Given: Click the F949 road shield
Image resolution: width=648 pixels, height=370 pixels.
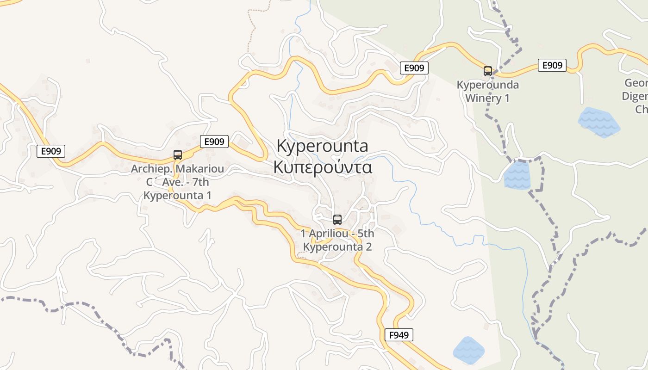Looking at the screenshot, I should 399,335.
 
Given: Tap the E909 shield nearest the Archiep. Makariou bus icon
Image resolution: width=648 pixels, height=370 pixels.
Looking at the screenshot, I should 214,142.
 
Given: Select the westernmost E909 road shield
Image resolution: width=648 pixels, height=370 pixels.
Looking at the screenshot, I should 51,151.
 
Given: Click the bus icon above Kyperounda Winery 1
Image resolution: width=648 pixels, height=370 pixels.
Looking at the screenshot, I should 488,71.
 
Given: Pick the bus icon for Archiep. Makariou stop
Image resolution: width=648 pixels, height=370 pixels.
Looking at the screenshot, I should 177,155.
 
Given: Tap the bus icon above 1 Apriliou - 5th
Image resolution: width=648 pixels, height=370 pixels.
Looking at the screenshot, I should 337,220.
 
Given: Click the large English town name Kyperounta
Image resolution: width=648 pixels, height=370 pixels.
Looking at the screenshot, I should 322,146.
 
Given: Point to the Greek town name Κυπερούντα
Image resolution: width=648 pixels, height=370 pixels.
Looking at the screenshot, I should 323,167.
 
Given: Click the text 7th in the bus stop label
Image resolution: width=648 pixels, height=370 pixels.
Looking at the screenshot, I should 199,182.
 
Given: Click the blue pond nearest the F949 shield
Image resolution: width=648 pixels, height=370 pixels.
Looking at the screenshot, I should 468,350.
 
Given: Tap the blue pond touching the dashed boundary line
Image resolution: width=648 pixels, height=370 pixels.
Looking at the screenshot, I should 517,175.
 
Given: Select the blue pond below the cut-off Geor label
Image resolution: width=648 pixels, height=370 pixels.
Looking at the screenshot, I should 598,122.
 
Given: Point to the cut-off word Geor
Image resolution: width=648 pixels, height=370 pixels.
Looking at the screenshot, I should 636,83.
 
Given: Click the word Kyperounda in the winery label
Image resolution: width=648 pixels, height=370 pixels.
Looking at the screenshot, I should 488,85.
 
